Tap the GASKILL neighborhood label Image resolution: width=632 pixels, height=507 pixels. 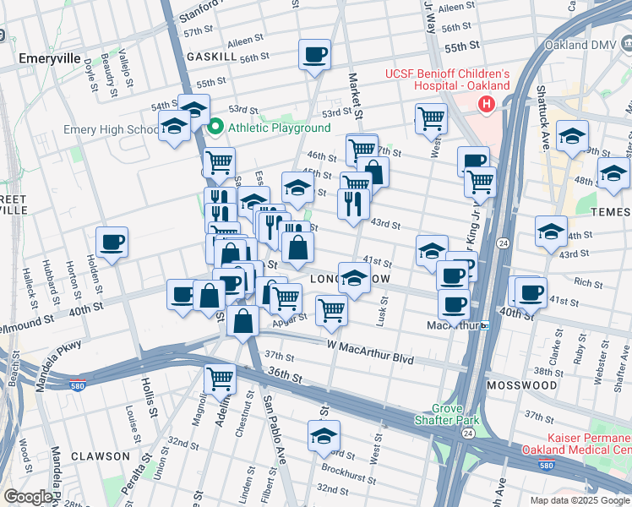tap(210, 56)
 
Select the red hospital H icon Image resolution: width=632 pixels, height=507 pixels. tap(486, 104)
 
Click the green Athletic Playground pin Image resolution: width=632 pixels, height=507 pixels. tap(215, 128)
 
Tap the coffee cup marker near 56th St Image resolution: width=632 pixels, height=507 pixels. tap(314, 55)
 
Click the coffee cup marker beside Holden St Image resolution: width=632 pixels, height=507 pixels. tap(112, 243)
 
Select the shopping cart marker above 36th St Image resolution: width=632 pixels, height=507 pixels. tap(220, 379)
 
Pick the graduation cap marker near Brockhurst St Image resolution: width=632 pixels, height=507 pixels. tap(324, 436)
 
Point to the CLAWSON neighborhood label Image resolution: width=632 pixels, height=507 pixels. tap(101, 455)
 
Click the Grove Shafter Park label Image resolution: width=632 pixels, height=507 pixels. tap(447, 413)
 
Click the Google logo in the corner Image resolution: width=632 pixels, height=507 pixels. tap(28, 497)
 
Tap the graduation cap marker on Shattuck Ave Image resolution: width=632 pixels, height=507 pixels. tap(572, 136)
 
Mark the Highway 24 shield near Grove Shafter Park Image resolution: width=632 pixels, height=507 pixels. tap(467, 433)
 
